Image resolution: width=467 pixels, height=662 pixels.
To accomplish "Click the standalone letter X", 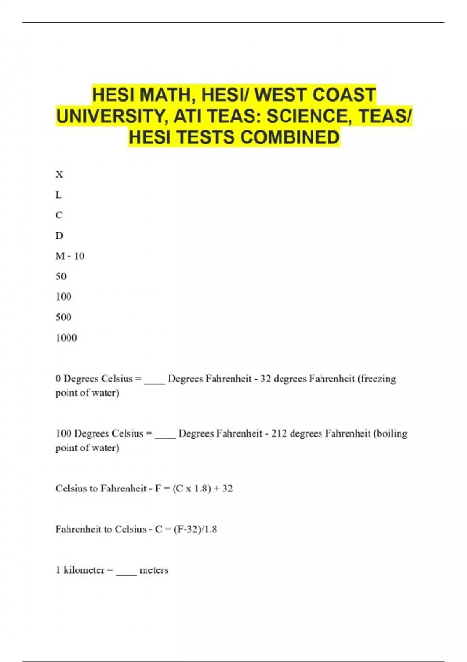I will [x=59, y=174].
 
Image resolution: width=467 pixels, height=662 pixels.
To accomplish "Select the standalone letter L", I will [x=58, y=195].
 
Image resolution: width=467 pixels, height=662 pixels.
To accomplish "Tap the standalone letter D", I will [x=59, y=236].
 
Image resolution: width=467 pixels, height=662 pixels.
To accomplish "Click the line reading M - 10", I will [x=70, y=256].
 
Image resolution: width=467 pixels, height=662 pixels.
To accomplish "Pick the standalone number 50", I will [x=61, y=276].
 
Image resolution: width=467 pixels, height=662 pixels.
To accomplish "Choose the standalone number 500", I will [x=63, y=317].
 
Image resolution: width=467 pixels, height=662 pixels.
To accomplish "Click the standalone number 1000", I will [x=66, y=338].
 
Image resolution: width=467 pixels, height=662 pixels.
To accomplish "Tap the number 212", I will [x=279, y=433].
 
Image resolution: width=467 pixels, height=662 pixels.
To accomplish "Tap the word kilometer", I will [x=84, y=570].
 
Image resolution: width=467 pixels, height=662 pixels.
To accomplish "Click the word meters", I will [x=154, y=570].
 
